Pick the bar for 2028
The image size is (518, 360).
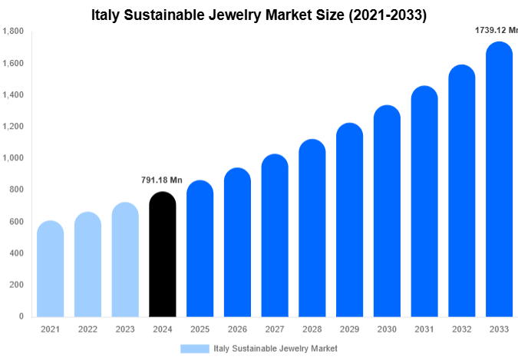[x=312, y=228]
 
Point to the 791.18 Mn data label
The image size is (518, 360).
[x=162, y=180]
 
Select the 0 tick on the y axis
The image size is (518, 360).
[x=21, y=316]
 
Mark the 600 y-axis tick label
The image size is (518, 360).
[x=16, y=222]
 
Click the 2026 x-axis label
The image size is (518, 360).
[x=237, y=329]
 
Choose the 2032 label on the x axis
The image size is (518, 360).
[x=462, y=329]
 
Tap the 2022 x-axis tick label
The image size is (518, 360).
[x=87, y=329]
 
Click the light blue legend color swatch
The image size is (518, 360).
[x=195, y=348]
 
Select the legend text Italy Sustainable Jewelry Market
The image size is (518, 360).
[x=275, y=348]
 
